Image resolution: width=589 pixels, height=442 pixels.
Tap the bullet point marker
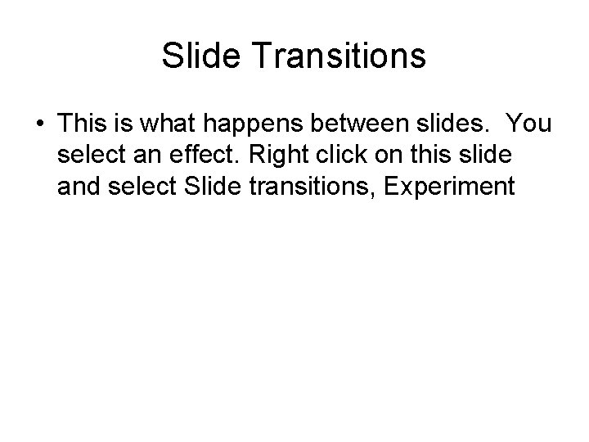[x=39, y=124]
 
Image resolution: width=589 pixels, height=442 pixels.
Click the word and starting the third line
[x=78, y=186]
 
